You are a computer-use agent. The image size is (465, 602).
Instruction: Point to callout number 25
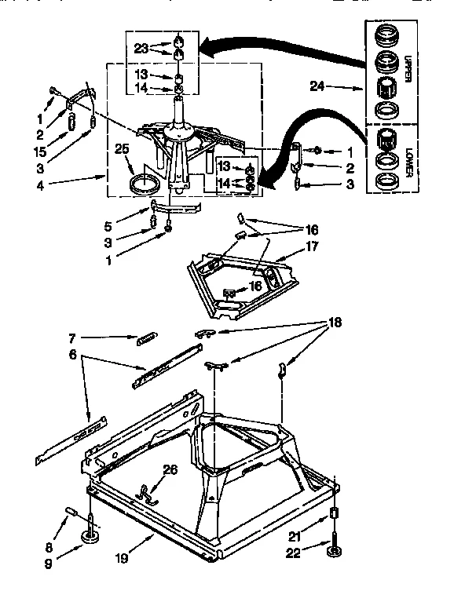pos(121,148)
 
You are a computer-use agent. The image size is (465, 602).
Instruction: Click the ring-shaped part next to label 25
pos(143,186)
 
